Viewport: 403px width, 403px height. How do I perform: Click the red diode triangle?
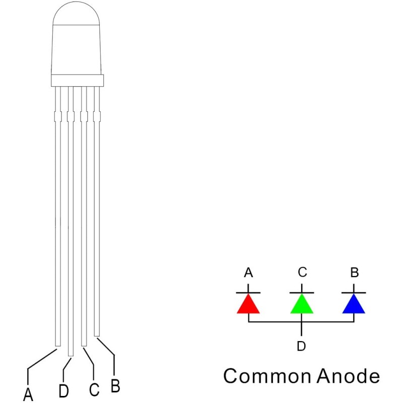pos(248,304)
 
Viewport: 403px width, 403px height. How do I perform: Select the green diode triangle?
pos(302,304)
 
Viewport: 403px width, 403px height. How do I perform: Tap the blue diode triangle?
pos(354,304)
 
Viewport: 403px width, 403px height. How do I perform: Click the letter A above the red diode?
pos(248,273)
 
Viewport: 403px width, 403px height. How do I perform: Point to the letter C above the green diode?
pos(303,272)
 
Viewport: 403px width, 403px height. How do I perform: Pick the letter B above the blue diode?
pos(355,273)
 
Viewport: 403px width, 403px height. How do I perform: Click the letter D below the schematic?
pos(301,346)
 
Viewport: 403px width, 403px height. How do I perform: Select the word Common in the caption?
pos(267,376)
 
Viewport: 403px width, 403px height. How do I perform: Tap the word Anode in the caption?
pos(348,376)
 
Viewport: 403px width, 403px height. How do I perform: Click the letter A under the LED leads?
pos(28,394)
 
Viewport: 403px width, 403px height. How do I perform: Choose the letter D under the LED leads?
pos(64,391)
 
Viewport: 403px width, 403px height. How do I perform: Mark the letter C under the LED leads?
pos(94,389)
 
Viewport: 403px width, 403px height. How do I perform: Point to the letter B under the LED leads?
pos(115,385)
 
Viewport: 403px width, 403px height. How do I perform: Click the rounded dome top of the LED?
pos(76,14)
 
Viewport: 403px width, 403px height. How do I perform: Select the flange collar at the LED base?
pos(78,81)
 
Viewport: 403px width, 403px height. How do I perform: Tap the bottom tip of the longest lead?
pos(71,356)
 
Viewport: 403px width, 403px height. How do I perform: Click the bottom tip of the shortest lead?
pos(97,335)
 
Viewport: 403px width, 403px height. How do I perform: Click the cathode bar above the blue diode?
pos(354,293)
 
